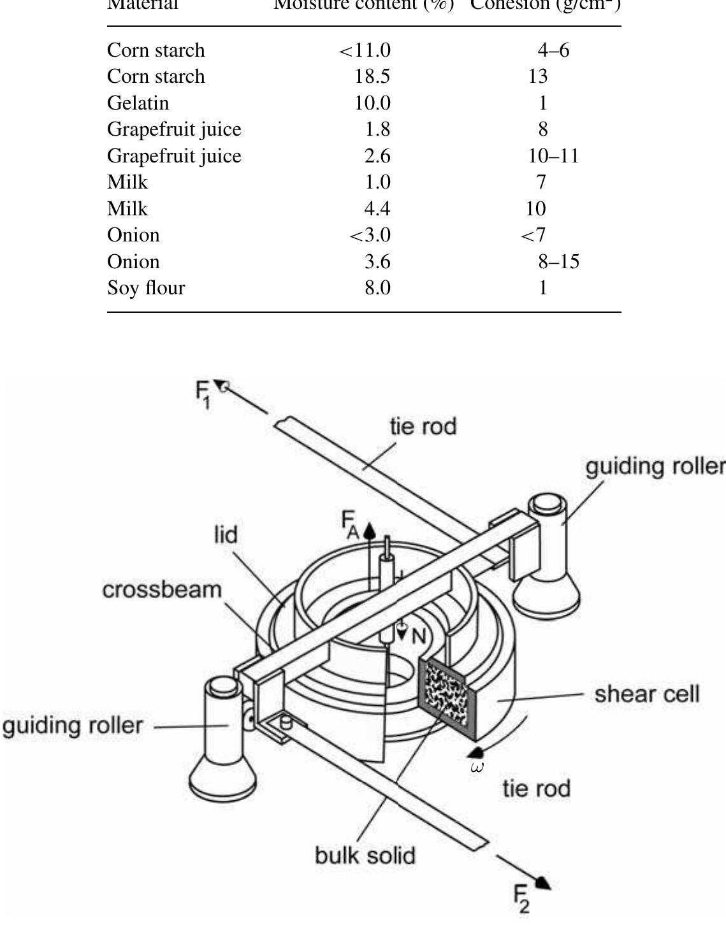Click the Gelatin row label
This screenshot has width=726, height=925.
click(x=138, y=103)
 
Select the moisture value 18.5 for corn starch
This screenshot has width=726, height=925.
click(x=372, y=76)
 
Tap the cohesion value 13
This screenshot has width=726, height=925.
click(x=538, y=76)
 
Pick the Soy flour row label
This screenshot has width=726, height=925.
click(x=146, y=288)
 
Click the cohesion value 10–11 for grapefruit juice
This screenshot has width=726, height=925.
click(x=553, y=156)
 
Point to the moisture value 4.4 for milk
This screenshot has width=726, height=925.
click(x=376, y=209)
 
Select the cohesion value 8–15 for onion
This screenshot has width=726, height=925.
click(x=558, y=262)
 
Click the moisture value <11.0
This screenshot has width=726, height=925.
click(x=365, y=50)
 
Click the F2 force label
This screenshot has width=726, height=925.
click(x=522, y=899)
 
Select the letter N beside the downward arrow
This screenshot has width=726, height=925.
click(x=418, y=636)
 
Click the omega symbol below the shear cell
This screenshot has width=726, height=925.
click(x=476, y=768)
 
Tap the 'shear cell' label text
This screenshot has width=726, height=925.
click(x=646, y=694)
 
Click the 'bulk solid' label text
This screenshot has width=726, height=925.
click(x=365, y=855)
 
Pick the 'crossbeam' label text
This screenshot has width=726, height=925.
click(x=162, y=590)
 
